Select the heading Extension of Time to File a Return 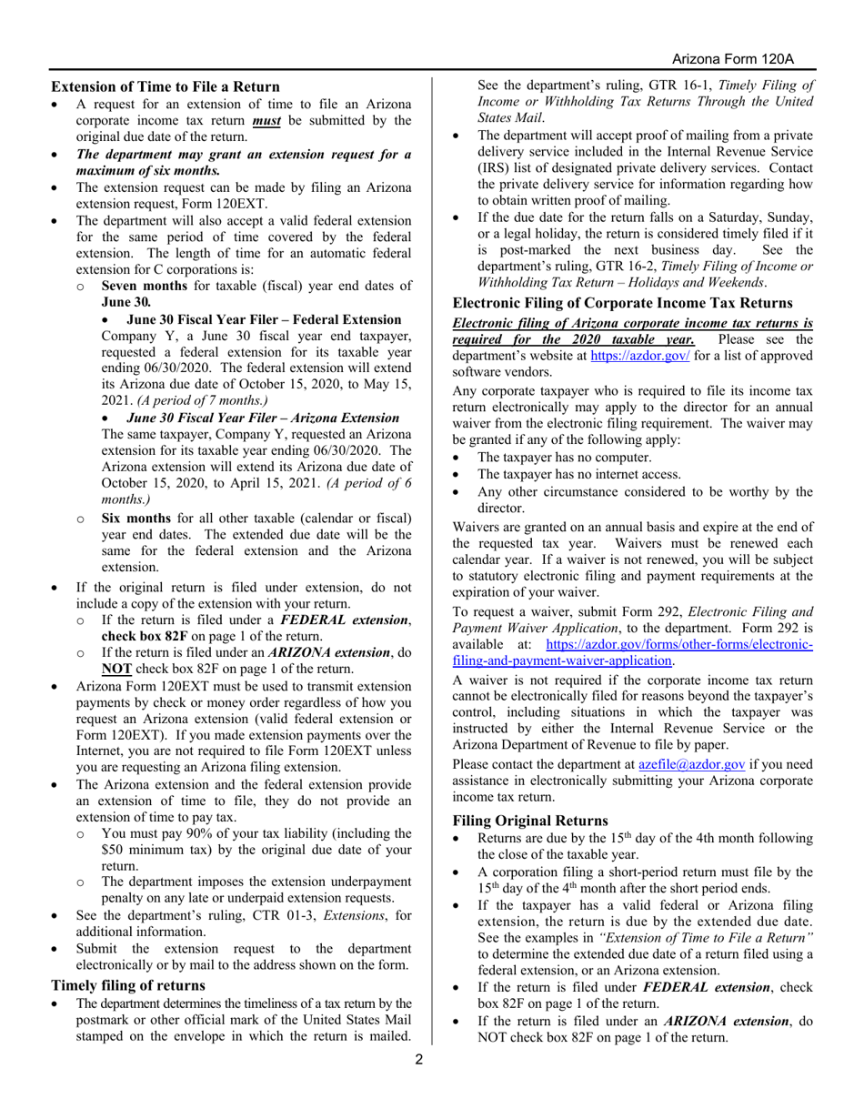click(165, 86)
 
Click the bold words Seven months click(144, 286)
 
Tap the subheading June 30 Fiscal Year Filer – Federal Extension click(264, 319)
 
